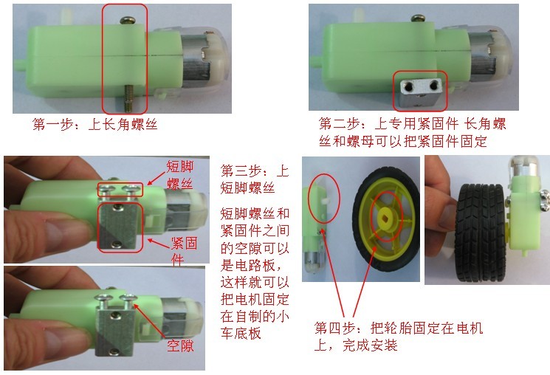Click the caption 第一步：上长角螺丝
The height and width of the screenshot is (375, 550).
point(94,125)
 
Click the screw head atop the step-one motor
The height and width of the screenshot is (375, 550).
point(126,21)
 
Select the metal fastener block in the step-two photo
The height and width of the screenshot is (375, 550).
point(419,92)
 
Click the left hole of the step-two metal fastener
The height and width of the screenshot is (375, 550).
point(408,85)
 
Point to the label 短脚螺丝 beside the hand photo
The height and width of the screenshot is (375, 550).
point(180,175)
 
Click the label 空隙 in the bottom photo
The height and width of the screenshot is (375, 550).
point(180,346)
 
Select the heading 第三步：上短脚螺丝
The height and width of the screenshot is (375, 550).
point(254,179)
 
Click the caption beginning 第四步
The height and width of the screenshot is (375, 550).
point(399,337)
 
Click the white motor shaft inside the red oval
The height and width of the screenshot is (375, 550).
point(326,202)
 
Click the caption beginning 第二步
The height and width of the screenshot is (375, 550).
point(413,132)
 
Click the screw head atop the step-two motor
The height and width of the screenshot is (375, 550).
point(418,18)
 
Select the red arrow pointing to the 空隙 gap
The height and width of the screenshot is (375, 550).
point(150,322)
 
